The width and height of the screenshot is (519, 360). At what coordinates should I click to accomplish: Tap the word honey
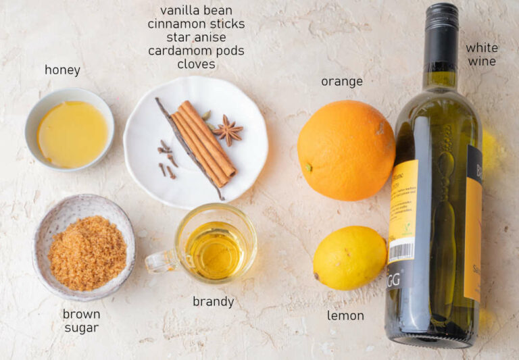coord(62,70)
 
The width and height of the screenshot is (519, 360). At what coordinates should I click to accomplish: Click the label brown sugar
coord(81,321)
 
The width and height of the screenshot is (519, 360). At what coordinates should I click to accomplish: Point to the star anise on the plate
coord(228,130)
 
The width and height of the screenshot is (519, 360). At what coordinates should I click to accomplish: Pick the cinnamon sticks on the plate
coord(203,142)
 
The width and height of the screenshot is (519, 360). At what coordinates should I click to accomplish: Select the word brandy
coord(213,302)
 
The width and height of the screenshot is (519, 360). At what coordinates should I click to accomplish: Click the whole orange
coord(345,150)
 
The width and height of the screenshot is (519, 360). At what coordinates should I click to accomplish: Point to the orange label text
coord(341,82)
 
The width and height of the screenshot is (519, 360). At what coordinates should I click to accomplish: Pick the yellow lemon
coord(349,257)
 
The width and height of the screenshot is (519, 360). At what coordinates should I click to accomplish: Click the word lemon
coord(345,315)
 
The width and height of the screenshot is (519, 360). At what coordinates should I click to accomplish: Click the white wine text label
coord(482,55)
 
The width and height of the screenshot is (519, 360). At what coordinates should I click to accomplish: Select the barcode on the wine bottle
coord(401,251)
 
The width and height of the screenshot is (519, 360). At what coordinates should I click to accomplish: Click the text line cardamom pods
coord(196,51)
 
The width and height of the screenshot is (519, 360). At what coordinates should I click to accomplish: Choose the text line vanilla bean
coord(196,10)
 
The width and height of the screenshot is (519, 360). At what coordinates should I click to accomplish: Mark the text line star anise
coord(196,37)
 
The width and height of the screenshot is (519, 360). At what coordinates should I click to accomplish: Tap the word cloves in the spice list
coord(196,64)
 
